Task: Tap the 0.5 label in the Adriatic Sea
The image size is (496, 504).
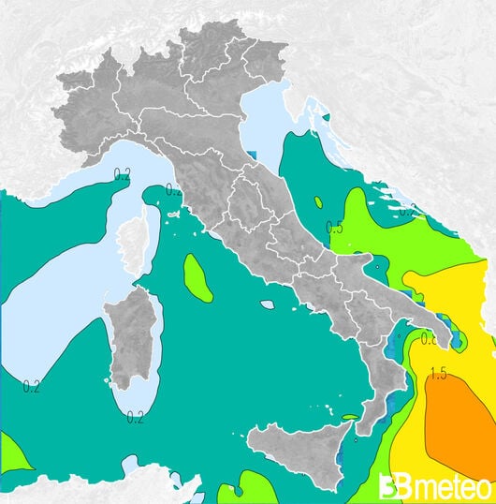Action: pyautogui.click(x=334, y=228)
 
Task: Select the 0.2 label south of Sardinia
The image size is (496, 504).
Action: pyautogui.click(x=135, y=417)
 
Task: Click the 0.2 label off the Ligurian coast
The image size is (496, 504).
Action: pyautogui.click(x=122, y=174)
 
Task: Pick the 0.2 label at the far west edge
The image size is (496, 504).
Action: pyautogui.click(x=31, y=386)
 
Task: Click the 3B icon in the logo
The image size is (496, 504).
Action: pyautogui.click(x=392, y=487)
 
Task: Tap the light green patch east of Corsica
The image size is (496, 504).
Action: pyautogui.click(x=197, y=278)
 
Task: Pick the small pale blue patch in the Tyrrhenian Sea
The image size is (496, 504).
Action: pyautogui.click(x=268, y=304)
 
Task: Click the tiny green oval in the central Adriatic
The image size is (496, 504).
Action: pyautogui.click(x=318, y=201)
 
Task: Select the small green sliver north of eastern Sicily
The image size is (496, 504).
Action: pyautogui.click(x=349, y=418)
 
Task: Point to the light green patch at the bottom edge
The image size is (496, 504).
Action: pyautogui.click(x=255, y=487)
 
